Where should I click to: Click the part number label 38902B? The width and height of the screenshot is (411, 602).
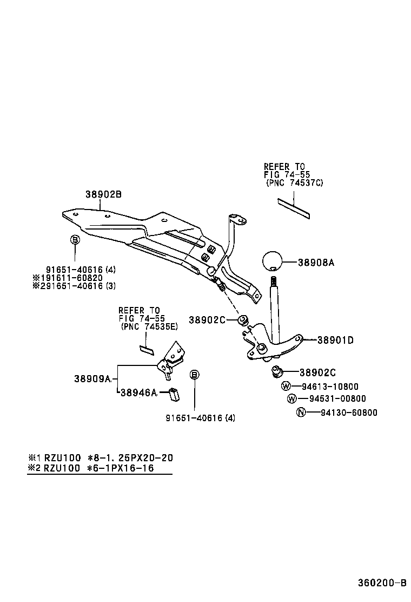tap(103, 194)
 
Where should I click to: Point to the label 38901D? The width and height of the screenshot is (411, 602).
tap(335, 340)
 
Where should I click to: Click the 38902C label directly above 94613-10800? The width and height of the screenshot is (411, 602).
tap(317, 372)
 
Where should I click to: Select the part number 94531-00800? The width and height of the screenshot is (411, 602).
tap(337, 399)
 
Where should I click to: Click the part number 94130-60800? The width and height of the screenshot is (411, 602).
tap(349, 413)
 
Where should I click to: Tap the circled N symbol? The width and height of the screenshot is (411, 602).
tap(301, 413)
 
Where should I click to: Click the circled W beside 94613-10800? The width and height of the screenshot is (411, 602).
tap(286, 387)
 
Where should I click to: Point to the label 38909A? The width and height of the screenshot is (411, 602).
tap(92, 378)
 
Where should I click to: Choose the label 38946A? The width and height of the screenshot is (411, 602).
tap(138, 392)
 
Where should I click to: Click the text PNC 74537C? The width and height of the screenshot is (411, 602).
tap(294, 183)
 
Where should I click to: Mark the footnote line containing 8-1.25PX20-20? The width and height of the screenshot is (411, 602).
tap(101, 457)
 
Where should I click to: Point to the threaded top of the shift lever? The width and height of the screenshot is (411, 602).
tap(274, 282)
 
